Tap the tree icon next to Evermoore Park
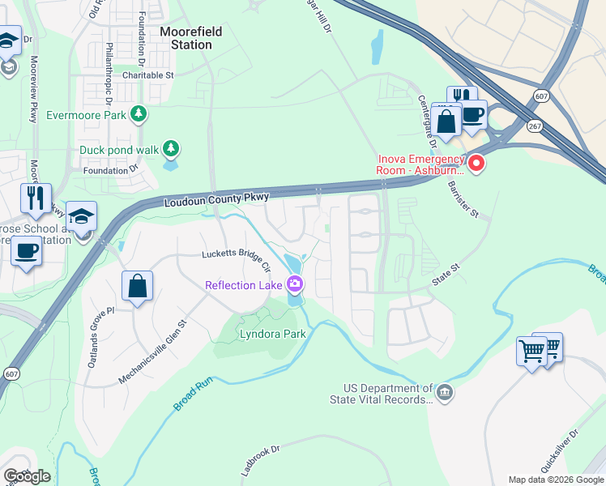(x=139, y=114)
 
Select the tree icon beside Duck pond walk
(x=170, y=148)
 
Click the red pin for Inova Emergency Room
(x=476, y=163)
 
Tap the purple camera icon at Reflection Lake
(x=295, y=284)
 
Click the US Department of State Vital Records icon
(x=444, y=393)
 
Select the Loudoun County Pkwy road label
(x=216, y=198)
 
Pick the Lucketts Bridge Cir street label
(x=236, y=255)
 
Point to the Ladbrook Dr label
(x=260, y=459)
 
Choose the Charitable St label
(x=148, y=75)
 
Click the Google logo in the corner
(x=27, y=476)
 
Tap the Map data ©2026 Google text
(x=555, y=480)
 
